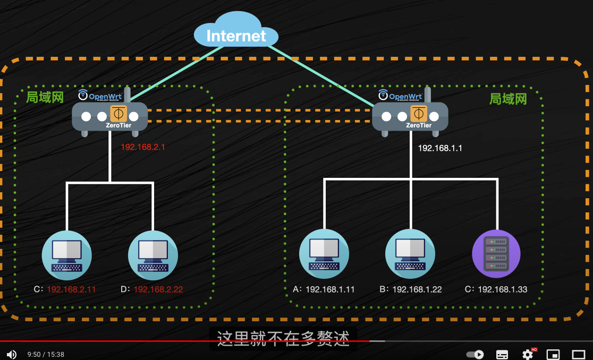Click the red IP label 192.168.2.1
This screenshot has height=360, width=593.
point(143,147)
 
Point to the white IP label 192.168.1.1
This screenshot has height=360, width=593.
point(440,148)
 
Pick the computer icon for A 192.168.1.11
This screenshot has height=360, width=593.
point(324,254)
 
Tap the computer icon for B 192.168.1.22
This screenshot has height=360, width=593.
point(410,254)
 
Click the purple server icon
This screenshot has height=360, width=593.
point(496,254)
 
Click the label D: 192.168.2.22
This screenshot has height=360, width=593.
point(151,289)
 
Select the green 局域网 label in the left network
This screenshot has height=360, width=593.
point(45,97)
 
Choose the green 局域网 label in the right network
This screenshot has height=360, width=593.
point(508,99)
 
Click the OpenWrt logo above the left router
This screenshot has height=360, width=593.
point(101,96)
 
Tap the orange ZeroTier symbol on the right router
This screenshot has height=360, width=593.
point(419,114)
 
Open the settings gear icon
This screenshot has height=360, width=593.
point(528,354)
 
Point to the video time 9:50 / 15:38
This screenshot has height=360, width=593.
point(46,354)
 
